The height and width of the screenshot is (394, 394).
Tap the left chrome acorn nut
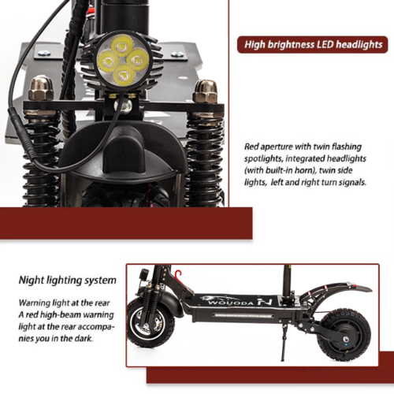coord(40,88)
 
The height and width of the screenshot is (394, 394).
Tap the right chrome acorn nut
coord(205,91)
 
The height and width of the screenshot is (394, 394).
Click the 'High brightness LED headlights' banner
coord(313,45)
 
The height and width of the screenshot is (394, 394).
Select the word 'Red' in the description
coord(251,147)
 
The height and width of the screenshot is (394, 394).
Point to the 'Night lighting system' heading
coord(68,281)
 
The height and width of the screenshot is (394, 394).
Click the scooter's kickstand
coord(283,340)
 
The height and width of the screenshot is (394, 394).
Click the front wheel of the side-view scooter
coord(151,322)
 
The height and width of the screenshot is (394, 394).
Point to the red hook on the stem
coord(179,275)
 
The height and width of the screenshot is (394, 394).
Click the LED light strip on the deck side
coord(243,314)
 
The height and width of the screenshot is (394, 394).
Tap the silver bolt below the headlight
coord(125,105)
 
